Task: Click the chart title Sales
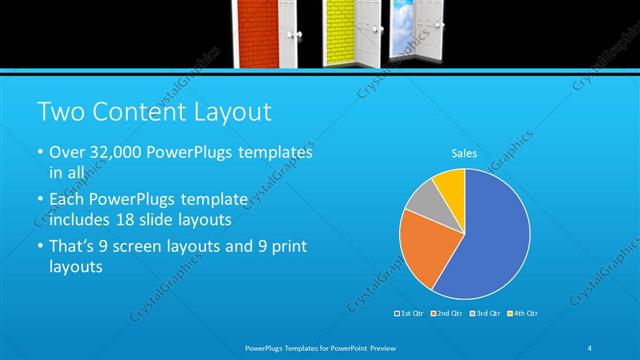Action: (x=464, y=153)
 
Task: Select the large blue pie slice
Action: (x=490, y=240)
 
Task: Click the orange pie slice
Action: (x=422, y=245)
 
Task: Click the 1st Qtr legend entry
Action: (x=410, y=314)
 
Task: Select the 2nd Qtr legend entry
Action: (x=446, y=314)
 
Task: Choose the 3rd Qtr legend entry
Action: (x=484, y=314)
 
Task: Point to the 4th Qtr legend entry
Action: (x=521, y=314)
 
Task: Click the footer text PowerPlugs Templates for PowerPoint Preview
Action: (x=320, y=347)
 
